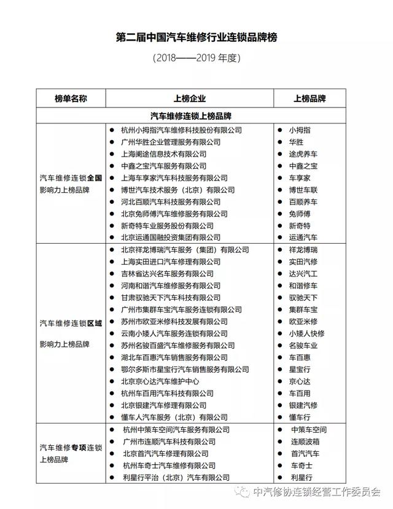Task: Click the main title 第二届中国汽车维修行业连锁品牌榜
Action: pyautogui.click(x=196, y=37)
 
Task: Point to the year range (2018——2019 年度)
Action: pyautogui.click(x=196, y=59)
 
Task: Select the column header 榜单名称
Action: pyautogui.click(x=71, y=98)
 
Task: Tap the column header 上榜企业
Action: pyautogui.click(x=190, y=98)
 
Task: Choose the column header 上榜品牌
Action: pyautogui.click(x=309, y=98)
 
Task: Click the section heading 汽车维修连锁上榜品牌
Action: pyautogui.click(x=190, y=115)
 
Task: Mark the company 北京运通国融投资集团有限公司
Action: pyautogui.click(x=171, y=237)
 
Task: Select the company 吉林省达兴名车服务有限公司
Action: pyautogui.click(x=167, y=274)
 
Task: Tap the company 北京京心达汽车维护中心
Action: pyautogui.click(x=159, y=381)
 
